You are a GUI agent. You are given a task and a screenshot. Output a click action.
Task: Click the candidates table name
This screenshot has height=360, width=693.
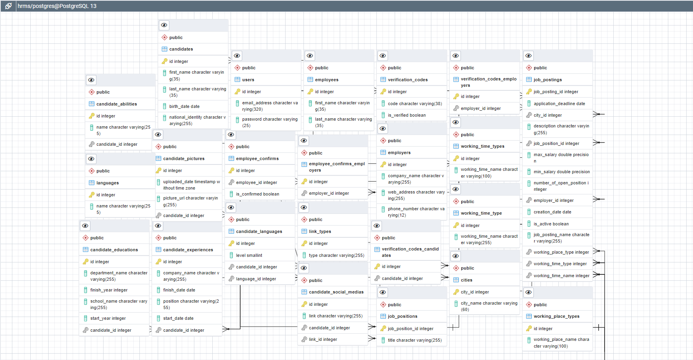(181, 49)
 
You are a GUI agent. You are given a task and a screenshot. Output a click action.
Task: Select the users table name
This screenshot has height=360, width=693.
(248, 80)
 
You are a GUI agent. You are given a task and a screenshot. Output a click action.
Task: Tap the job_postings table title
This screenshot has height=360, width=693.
(548, 80)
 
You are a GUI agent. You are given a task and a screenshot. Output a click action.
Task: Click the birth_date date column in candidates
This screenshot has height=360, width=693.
(184, 106)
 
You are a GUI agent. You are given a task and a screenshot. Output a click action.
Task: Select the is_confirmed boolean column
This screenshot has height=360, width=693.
(257, 194)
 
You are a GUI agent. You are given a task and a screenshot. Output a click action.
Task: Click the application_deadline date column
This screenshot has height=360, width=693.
(559, 104)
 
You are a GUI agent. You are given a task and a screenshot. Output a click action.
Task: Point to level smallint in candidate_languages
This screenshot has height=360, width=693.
(249, 255)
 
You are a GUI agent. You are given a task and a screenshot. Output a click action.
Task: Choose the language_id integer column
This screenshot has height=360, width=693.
(256, 279)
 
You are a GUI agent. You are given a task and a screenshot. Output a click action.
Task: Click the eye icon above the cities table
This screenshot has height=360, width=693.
(456, 256)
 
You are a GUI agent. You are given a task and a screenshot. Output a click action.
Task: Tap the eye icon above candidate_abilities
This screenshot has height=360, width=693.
(91, 80)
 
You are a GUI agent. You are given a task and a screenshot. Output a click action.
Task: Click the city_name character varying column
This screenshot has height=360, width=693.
(489, 306)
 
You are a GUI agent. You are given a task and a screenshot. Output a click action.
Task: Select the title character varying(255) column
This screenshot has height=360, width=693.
(415, 340)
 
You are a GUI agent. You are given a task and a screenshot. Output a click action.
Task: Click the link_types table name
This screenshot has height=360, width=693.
(320, 231)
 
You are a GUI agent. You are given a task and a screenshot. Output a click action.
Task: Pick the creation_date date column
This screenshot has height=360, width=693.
(552, 212)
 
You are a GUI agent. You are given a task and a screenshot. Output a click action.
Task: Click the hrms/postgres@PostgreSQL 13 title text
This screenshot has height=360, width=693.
(57, 6)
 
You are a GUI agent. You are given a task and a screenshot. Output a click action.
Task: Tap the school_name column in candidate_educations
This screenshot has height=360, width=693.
(118, 304)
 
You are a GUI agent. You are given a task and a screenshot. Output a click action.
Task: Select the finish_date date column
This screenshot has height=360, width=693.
(179, 290)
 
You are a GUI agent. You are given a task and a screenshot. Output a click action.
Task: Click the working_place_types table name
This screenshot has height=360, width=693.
(556, 316)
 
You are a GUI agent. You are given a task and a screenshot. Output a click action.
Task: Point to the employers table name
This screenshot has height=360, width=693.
(399, 153)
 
